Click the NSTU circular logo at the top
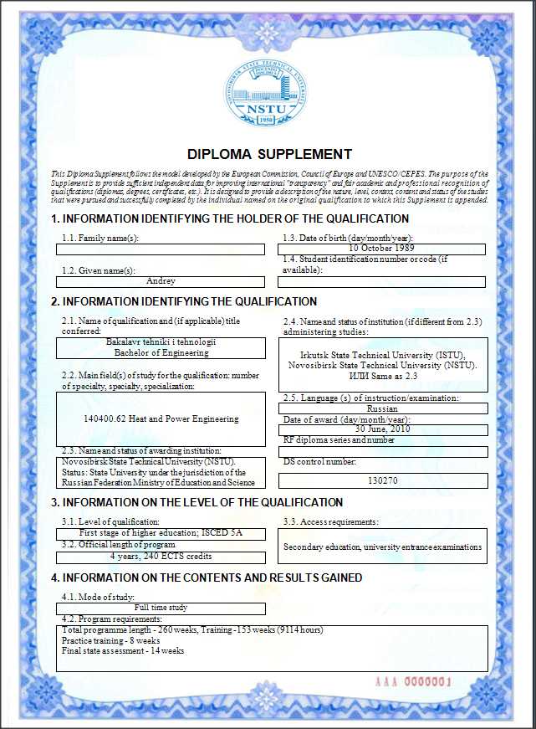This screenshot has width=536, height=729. (x=268, y=92)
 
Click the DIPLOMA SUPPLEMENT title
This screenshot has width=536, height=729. (x=269, y=154)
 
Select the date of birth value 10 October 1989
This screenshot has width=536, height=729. (x=381, y=249)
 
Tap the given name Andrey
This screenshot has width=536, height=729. (x=161, y=281)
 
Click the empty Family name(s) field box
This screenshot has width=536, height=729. (x=161, y=249)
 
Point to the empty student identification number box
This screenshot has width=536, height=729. (x=381, y=282)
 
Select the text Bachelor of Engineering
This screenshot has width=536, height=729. (x=161, y=352)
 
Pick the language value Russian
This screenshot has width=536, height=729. (x=381, y=408)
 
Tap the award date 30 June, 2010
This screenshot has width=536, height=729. (x=381, y=429)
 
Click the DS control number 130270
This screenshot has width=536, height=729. (x=381, y=481)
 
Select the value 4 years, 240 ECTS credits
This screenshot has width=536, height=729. (x=161, y=556)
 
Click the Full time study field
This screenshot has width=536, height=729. (x=161, y=608)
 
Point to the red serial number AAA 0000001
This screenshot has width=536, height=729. (x=414, y=682)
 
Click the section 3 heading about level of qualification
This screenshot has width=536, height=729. (x=197, y=502)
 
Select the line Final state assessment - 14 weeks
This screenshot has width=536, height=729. (x=123, y=650)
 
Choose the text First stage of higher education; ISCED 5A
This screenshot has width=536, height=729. (x=161, y=533)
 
